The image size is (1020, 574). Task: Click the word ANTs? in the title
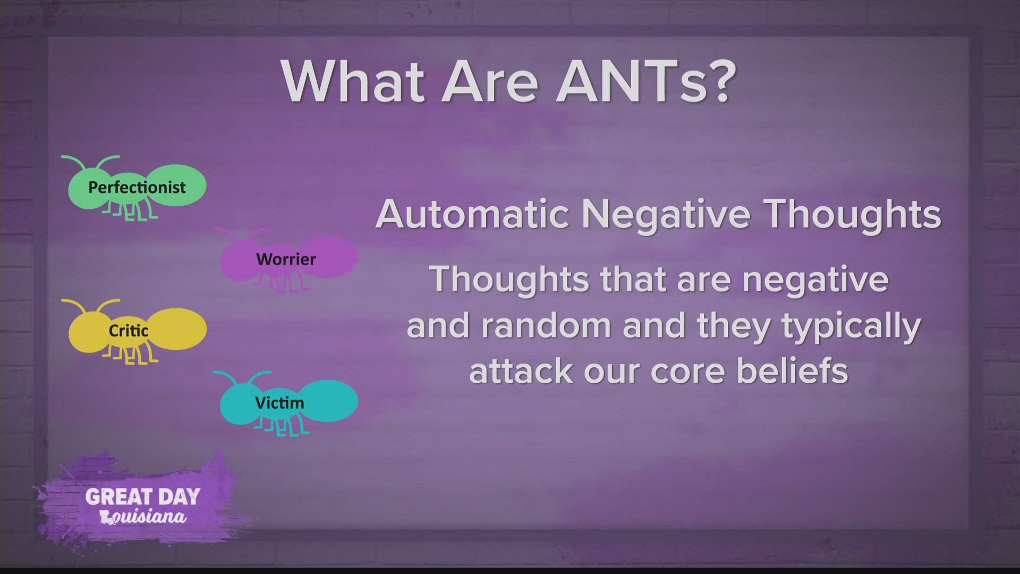[x=645, y=82]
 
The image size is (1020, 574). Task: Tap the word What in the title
[x=353, y=82]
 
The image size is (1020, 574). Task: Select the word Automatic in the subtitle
[x=472, y=214]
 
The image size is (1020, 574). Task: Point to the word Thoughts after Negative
[x=853, y=214]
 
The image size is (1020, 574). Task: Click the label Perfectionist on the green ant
[x=137, y=187]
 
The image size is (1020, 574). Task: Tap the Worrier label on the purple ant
[x=286, y=259]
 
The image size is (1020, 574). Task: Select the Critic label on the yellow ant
[x=129, y=331]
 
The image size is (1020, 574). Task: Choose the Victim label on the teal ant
[x=279, y=402]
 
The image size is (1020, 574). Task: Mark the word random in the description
[x=546, y=325]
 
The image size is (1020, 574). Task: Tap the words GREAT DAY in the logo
[x=142, y=497]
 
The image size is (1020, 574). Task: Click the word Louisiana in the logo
[x=143, y=517]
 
